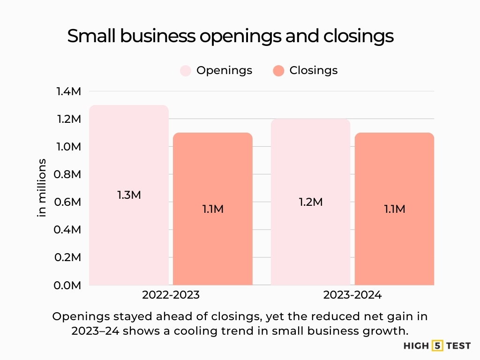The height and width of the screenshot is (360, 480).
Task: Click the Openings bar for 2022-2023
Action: click(129, 234)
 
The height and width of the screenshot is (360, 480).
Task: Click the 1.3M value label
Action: click(129, 195)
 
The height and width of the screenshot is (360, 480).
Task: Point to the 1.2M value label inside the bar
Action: click(311, 202)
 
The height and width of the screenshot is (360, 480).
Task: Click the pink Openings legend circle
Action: click(186, 71)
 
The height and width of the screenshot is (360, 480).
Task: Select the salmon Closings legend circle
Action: click(278, 71)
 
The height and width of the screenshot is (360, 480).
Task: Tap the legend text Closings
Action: click(313, 70)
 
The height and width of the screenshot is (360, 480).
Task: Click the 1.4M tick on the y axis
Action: click(69, 91)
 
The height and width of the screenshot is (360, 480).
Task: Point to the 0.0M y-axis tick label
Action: click(69, 285)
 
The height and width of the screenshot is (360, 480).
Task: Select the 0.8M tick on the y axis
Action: click(69, 174)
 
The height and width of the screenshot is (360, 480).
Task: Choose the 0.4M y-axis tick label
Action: click(69, 230)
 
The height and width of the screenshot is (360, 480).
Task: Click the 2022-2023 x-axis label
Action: click(171, 295)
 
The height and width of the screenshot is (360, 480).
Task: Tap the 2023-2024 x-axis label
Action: click(352, 295)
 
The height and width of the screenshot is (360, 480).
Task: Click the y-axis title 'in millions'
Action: click(42, 187)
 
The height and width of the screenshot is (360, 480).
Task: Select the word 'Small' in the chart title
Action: click(90, 36)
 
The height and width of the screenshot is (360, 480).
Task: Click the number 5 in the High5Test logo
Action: click(438, 346)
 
